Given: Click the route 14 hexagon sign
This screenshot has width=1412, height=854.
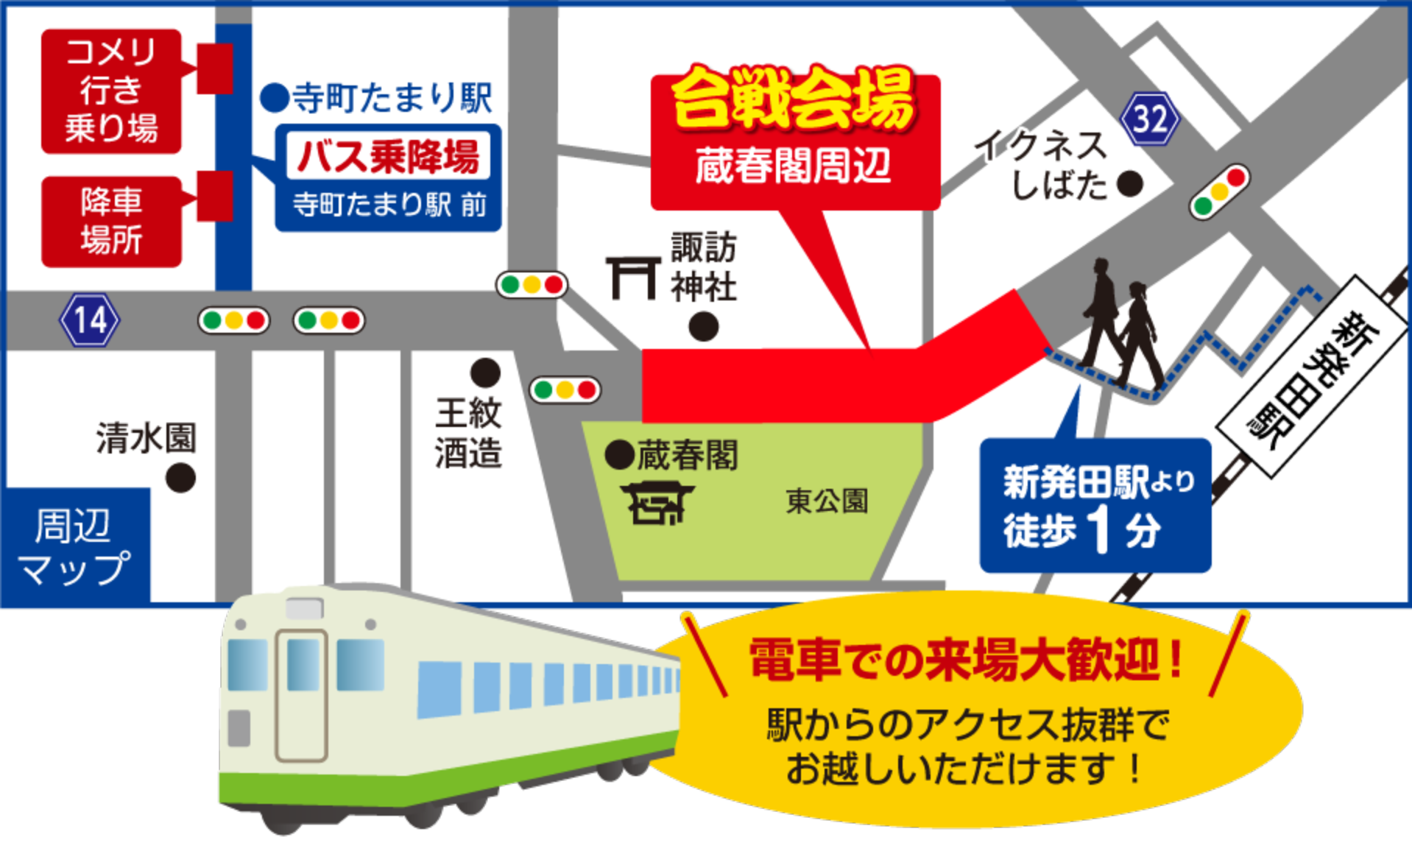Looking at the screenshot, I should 89,320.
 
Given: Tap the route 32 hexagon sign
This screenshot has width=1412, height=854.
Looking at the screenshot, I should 1149,119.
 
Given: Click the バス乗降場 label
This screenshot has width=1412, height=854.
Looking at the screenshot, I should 388,156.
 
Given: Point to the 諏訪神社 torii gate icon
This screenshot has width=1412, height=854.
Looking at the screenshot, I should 632,278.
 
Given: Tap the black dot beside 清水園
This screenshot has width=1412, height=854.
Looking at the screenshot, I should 180,478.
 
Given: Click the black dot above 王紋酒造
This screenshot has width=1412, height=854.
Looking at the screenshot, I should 485,373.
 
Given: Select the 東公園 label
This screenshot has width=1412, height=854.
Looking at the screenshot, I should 827,501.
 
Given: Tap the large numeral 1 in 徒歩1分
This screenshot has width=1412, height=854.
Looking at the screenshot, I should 1100,529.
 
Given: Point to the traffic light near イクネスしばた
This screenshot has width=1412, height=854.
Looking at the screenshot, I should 1219,191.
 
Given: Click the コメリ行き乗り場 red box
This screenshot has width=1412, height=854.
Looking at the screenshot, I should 111,91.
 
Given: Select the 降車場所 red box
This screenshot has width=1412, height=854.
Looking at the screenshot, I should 111,222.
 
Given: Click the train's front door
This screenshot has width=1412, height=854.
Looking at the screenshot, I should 302,694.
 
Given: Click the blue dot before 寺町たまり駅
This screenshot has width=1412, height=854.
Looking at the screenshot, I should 275,97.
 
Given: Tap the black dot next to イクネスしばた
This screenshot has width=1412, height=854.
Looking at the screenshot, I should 1130,184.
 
